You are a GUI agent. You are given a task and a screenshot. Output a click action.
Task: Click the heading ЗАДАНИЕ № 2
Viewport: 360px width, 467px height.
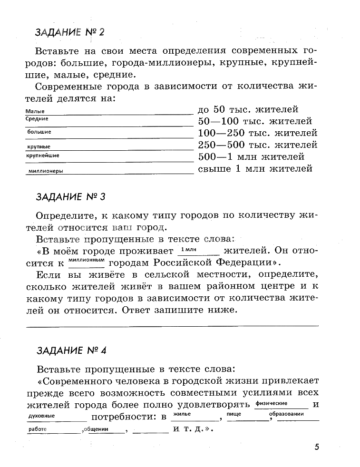pyautogui.click(x=69, y=32)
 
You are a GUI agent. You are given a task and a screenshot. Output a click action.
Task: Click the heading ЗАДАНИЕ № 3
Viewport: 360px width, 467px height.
pyautogui.click(x=69, y=196)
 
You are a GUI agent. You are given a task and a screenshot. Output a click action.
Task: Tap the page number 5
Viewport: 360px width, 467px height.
pyautogui.click(x=317, y=447)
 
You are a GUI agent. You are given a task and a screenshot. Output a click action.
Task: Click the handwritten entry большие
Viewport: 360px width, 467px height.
pyautogui.click(x=39, y=132)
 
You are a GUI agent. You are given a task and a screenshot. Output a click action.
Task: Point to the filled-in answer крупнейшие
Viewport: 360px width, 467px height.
pyautogui.click(x=43, y=156)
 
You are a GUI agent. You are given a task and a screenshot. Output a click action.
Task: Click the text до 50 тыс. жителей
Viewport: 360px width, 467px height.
pyautogui.click(x=247, y=110)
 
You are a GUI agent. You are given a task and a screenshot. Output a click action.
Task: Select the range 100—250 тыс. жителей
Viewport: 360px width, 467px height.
pyautogui.click(x=257, y=133)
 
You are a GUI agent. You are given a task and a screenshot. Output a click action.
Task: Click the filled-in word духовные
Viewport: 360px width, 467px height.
pyautogui.click(x=42, y=416)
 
